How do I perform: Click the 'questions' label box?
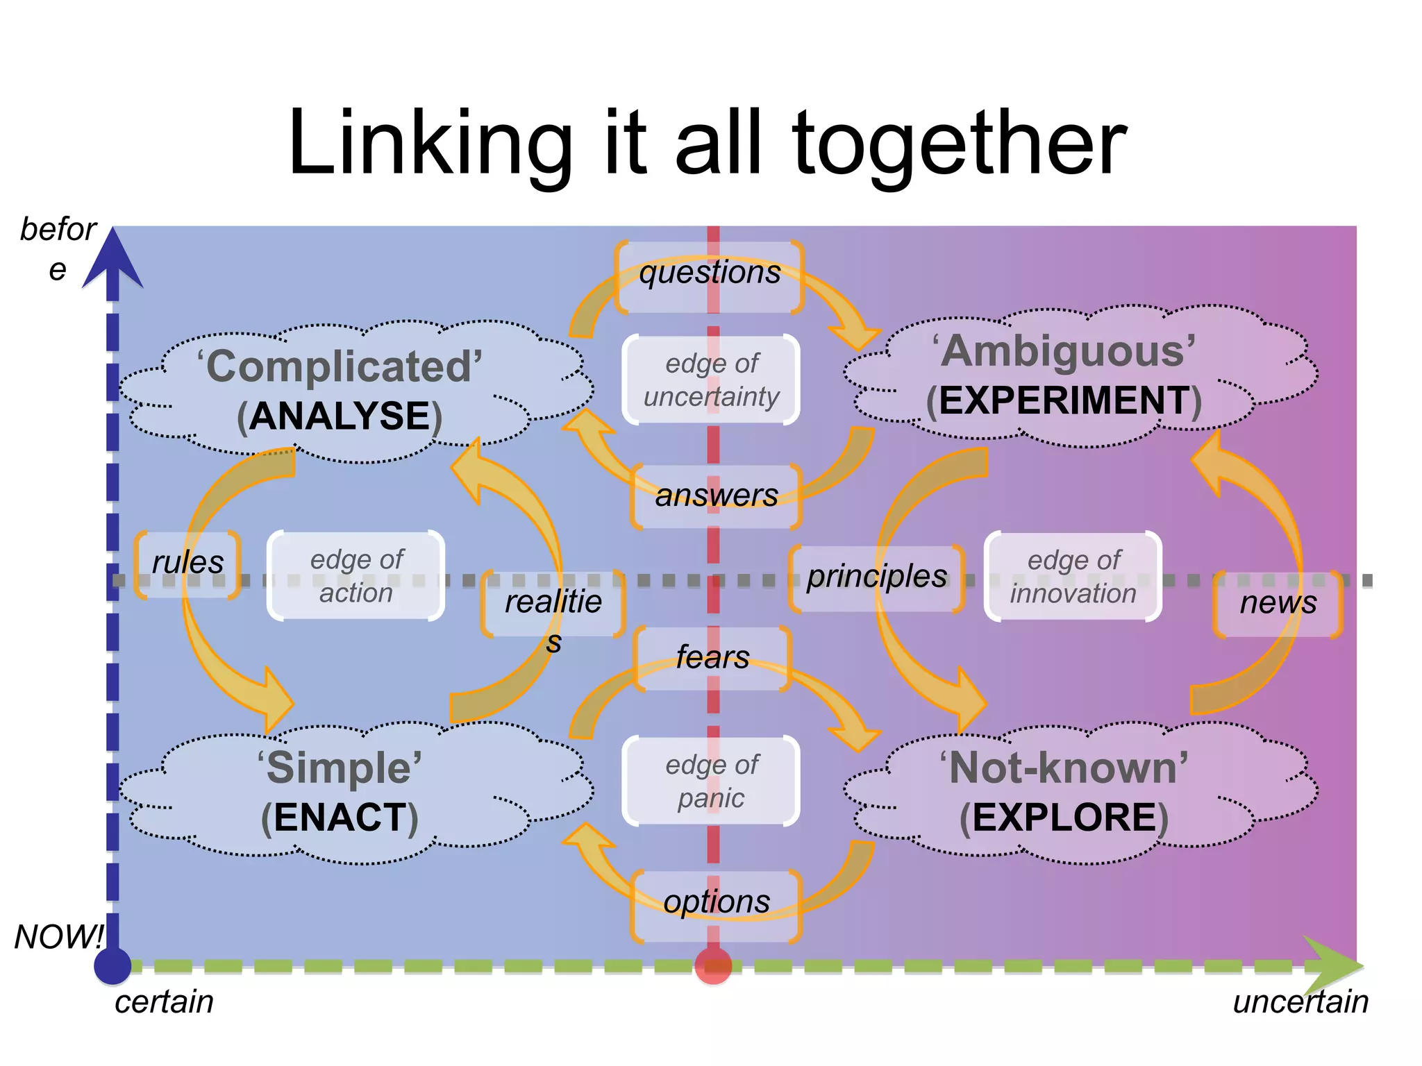point(710,276)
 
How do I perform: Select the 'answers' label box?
point(717,496)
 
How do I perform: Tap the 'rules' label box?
point(187,564)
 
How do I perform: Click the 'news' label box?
point(1278,604)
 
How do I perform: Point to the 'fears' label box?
point(713,658)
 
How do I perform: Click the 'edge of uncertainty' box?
point(712,380)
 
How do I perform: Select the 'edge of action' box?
point(356,576)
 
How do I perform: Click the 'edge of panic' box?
point(712,781)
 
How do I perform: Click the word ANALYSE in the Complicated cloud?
point(340,416)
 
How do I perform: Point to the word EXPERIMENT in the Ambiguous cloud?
point(1064,401)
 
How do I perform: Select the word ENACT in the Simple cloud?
point(340,818)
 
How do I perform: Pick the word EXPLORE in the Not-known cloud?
point(1064,818)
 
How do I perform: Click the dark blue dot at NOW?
point(112,966)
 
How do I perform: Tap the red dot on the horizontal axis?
point(713,966)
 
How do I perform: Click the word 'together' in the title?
point(958,144)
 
